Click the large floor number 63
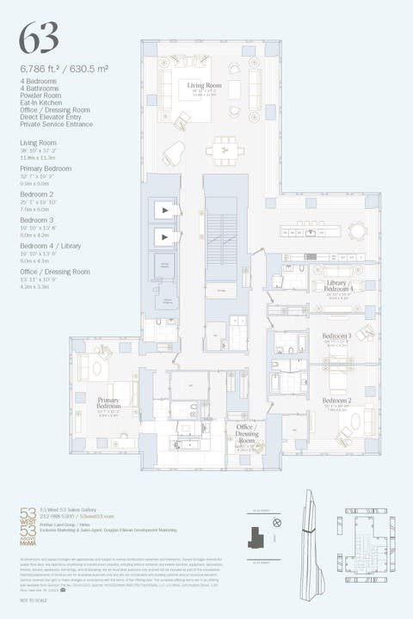(40, 37)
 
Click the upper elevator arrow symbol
(163, 211)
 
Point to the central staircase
(227, 232)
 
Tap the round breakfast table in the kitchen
(355, 230)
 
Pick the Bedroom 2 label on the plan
(336, 401)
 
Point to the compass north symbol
(276, 522)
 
